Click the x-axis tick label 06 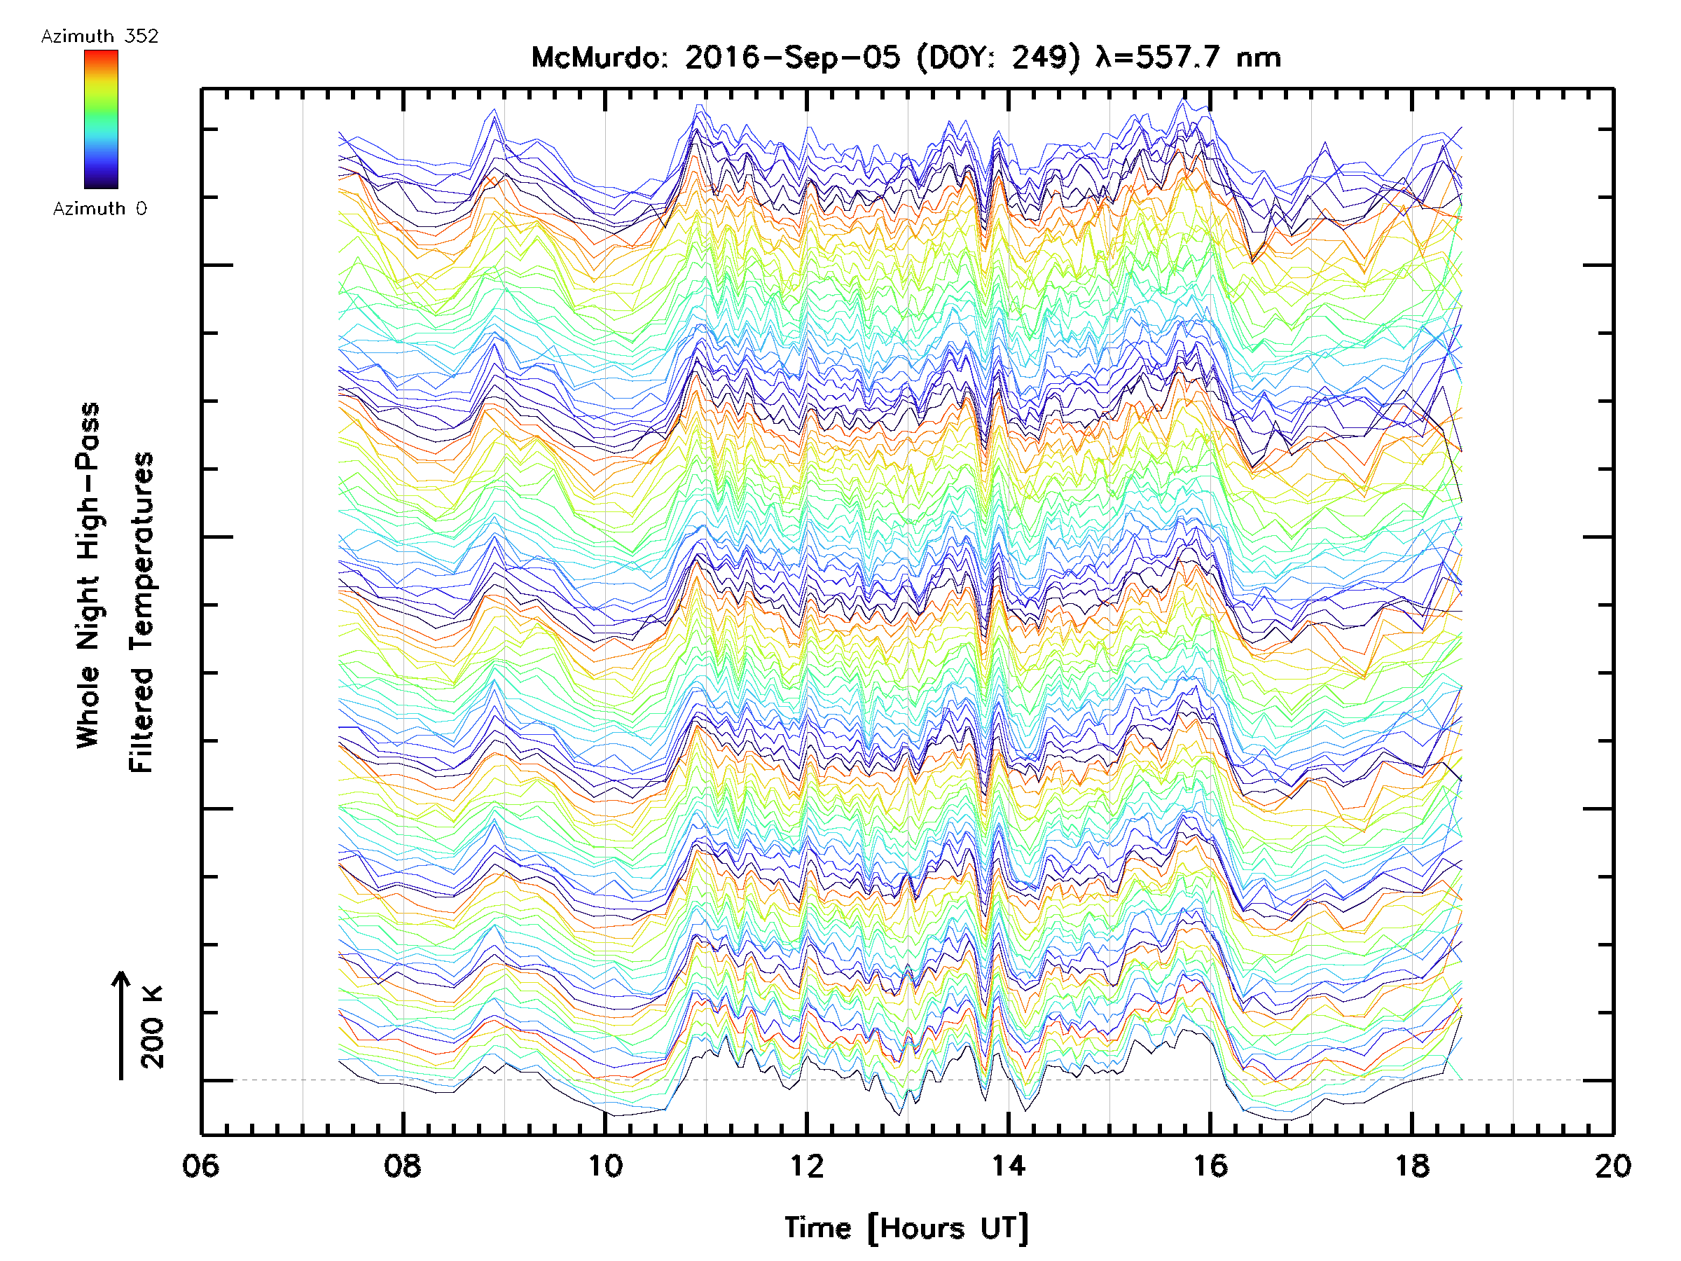pyautogui.click(x=200, y=1166)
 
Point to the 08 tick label pyautogui.click(x=403, y=1166)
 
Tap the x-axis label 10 pyautogui.click(x=605, y=1166)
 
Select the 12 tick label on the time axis pyautogui.click(x=806, y=1166)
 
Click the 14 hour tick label pyautogui.click(x=1009, y=1166)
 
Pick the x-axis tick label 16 pyautogui.click(x=1210, y=1166)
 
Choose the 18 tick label pyautogui.click(x=1412, y=1166)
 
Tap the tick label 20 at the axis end pyautogui.click(x=1612, y=1166)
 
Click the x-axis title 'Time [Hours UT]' pyautogui.click(x=906, y=1228)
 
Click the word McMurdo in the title pyautogui.click(x=599, y=57)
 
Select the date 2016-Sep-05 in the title pyautogui.click(x=793, y=57)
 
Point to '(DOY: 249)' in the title pyautogui.click(x=998, y=57)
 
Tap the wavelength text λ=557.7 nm pyautogui.click(x=1188, y=57)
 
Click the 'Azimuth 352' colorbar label pyautogui.click(x=99, y=36)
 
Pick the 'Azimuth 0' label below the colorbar pyautogui.click(x=99, y=209)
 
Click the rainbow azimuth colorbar pyautogui.click(x=101, y=119)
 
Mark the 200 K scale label pyautogui.click(x=153, y=1027)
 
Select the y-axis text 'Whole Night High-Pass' pyautogui.click(x=88, y=575)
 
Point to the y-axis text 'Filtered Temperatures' pyautogui.click(x=141, y=613)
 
